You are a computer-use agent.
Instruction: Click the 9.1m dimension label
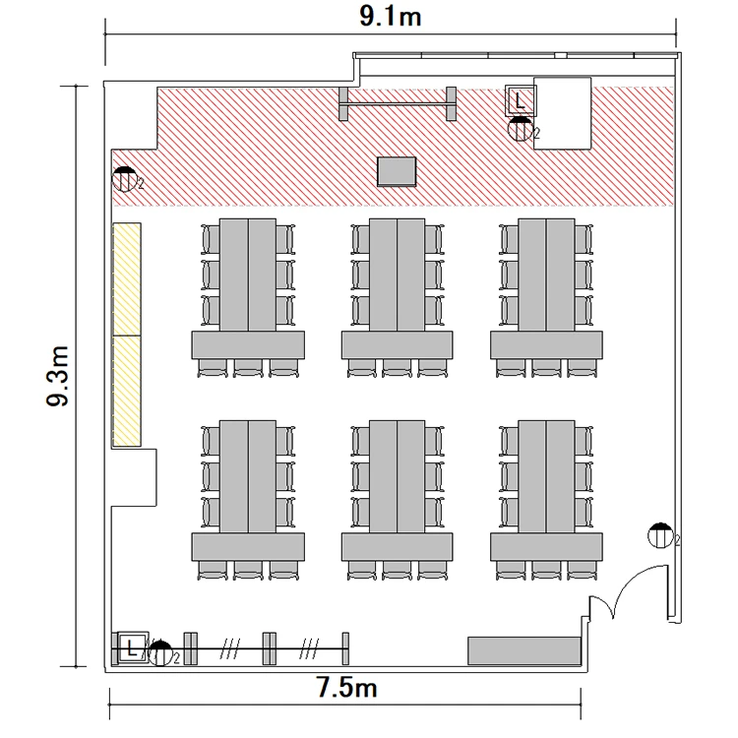(391, 17)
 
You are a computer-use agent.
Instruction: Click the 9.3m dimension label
(58, 376)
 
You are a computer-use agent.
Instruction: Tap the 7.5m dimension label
(346, 688)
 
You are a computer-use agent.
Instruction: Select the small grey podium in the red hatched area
(397, 172)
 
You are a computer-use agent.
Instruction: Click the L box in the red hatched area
(521, 100)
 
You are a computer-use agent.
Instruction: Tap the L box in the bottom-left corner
(132, 648)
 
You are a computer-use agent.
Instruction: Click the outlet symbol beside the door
(660, 535)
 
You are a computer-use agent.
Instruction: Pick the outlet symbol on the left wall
(125, 179)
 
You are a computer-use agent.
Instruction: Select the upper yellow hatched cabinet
(127, 279)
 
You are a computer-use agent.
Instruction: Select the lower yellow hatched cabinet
(127, 391)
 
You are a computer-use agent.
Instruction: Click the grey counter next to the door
(523, 651)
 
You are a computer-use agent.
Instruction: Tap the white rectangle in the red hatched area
(563, 113)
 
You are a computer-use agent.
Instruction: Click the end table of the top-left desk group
(248, 345)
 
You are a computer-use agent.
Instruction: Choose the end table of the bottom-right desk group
(546, 547)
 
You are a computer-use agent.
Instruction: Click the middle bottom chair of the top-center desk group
(397, 368)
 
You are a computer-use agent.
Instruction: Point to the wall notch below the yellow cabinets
(134, 477)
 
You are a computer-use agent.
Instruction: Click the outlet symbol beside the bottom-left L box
(160, 653)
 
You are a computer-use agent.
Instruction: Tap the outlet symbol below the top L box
(521, 129)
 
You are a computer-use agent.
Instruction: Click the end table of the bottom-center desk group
(398, 547)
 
